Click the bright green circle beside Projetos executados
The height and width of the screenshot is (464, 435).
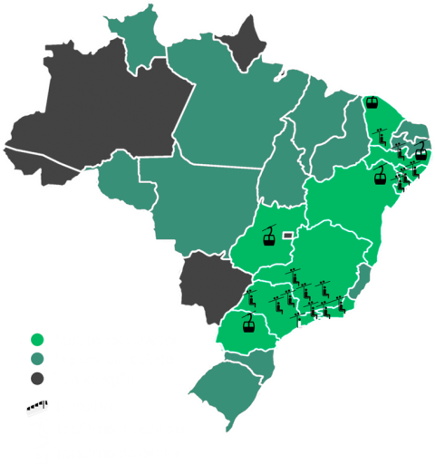[x=37, y=341]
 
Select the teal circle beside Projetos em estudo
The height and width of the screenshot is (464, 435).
[x=37, y=359]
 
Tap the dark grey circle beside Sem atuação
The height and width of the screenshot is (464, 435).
[x=37, y=377]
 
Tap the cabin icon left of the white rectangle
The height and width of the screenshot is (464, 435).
[x=268, y=238]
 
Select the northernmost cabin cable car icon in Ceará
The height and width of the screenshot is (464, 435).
[x=372, y=100]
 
